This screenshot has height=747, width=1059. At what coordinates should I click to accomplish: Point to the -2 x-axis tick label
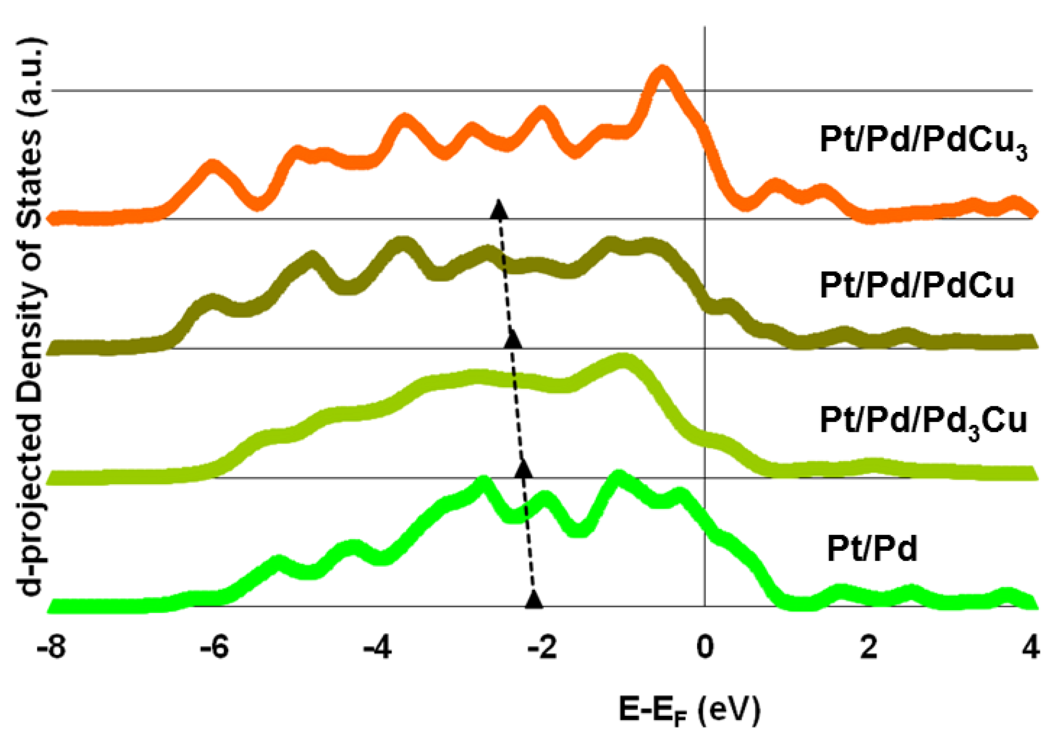[x=542, y=647]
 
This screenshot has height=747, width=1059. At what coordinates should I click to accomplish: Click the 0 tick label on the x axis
[x=705, y=647]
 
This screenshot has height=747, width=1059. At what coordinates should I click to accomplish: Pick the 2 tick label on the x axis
[x=868, y=647]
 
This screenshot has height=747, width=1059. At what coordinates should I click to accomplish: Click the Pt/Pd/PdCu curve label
[x=917, y=285]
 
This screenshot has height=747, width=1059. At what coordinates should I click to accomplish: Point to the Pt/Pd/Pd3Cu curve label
[x=923, y=421]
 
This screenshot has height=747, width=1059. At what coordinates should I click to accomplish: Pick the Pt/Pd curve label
[x=872, y=548]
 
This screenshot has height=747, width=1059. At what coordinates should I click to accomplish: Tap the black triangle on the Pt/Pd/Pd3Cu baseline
[x=523, y=469]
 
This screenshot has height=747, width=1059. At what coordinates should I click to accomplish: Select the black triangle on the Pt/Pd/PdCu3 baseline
[x=499, y=209]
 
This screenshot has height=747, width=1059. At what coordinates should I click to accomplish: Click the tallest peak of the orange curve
[x=663, y=73]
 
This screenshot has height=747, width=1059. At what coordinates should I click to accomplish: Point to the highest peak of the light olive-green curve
[x=623, y=361]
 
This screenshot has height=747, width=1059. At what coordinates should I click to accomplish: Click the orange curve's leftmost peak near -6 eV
[x=213, y=167]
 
